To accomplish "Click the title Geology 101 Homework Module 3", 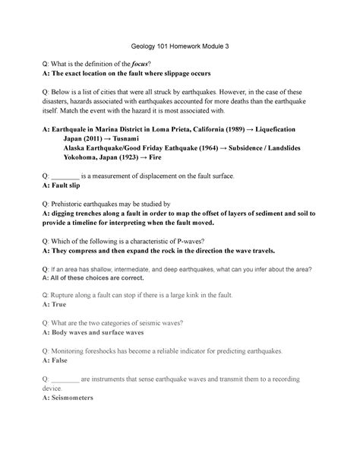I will [179, 46].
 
